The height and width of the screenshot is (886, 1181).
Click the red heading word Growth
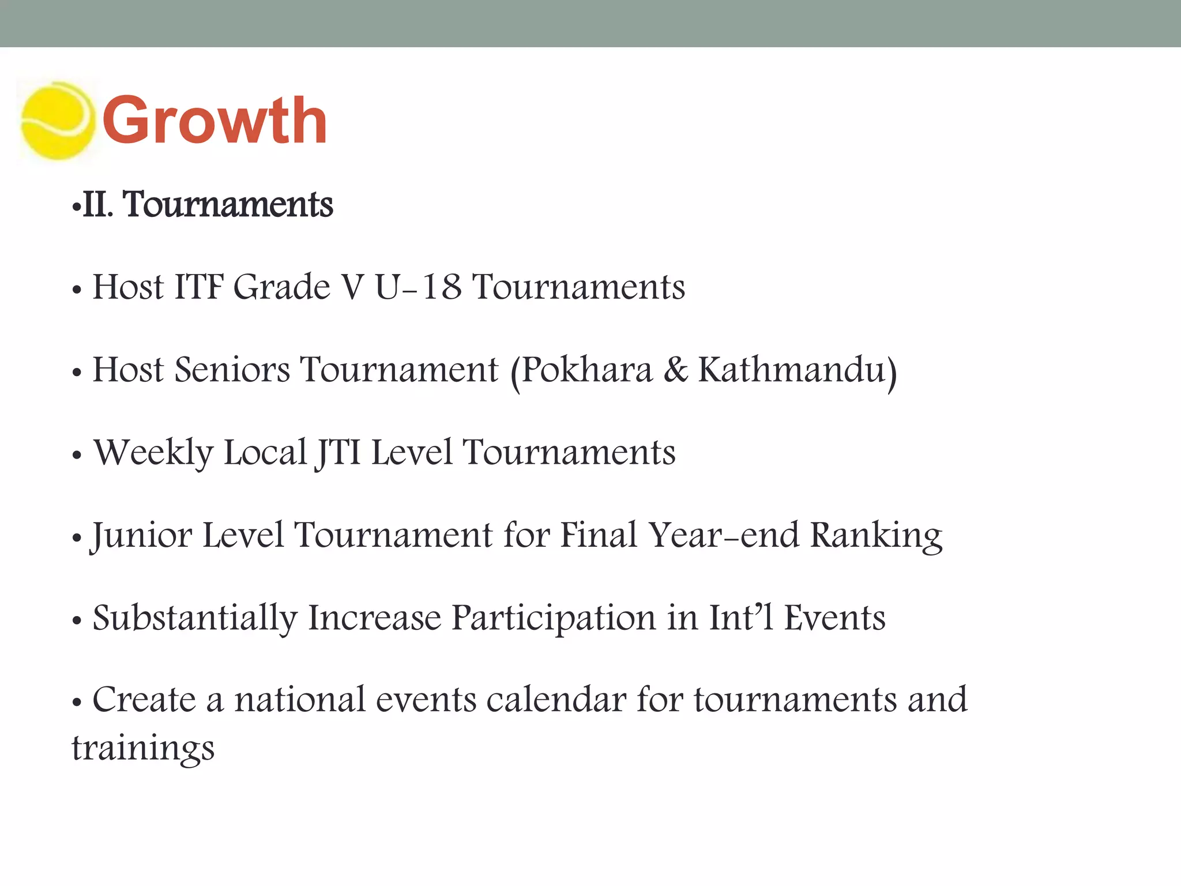tap(215, 121)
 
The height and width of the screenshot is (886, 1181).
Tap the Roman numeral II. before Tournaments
tap(97, 205)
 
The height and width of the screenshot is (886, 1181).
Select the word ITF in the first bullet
tap(199, 287)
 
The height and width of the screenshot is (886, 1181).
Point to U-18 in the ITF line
tap(418, 287)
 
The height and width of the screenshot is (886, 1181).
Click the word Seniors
tap(232, 370)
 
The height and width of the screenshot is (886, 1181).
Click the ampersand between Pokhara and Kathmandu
tap(675, 370)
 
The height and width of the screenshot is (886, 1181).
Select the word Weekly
tap(153, 453)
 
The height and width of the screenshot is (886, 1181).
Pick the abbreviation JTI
tap(338, 453)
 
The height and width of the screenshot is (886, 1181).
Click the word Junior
tap(142, 535)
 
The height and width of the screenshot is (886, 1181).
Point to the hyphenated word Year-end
tap(724, 535)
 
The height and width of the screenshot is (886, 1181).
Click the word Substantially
tap(195, 618)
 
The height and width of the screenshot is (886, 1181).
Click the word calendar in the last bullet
tap(556, 700)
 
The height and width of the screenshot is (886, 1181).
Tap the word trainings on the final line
tap(143, 749)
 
